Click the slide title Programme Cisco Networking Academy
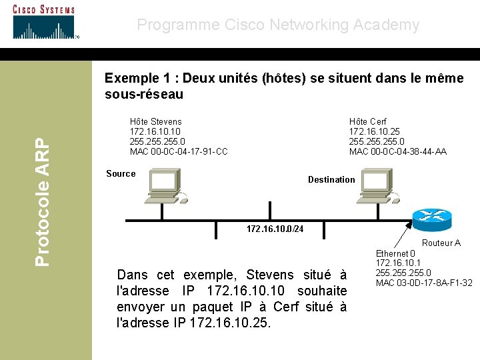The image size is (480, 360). pos(278,25)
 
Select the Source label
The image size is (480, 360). pos(121,174)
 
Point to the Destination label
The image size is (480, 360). pos(331,179)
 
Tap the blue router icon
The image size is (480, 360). pos(431,217)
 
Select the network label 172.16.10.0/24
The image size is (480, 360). pos(275,229)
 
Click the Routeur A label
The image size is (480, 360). pos(441,243)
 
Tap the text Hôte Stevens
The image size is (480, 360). pos(155,122)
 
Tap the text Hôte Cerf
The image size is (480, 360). pos(367,122)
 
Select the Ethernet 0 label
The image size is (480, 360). pos(395,254)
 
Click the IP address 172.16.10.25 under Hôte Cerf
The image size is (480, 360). pos(374,132)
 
